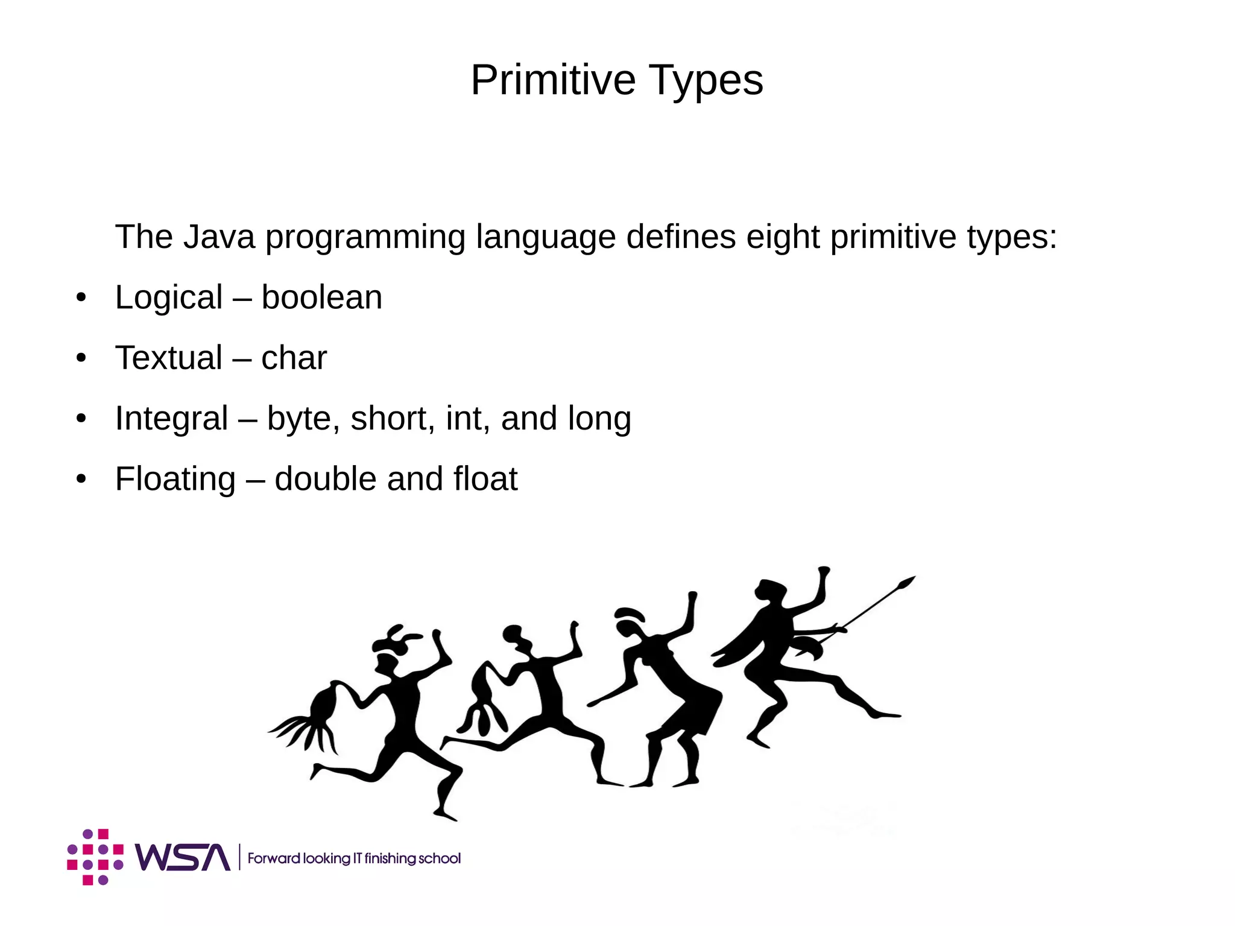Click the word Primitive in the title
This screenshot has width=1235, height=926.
(553, 80)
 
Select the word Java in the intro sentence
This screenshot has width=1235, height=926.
(219, 236)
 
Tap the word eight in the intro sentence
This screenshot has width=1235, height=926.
(782, 238)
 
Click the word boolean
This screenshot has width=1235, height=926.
(321, 297)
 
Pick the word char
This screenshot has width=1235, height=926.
(294, 358)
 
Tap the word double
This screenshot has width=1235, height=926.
(325, 479)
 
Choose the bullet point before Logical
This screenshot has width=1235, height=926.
(81, 298)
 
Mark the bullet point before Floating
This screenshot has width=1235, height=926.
(81, 480)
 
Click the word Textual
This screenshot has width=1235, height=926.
(169, 358)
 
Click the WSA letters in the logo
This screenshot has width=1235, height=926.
(182, 857)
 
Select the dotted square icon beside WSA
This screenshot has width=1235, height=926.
(95, 857)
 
